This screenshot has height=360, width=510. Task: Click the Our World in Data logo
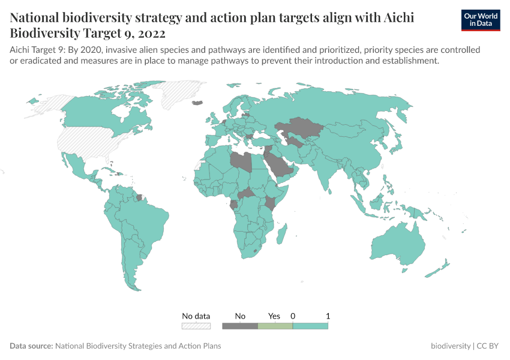point(481,20)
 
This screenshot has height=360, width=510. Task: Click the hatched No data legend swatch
point(196,326)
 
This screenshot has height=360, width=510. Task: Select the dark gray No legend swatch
point(239,326)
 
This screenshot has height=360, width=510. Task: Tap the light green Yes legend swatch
point(275,326)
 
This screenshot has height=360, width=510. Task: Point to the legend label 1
point(328,316)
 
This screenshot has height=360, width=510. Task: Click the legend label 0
point(293,316)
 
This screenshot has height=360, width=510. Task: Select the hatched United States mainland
point(90,141)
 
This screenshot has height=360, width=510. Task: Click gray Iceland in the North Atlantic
point(196,103)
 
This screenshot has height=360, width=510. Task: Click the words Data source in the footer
point(31,346)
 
